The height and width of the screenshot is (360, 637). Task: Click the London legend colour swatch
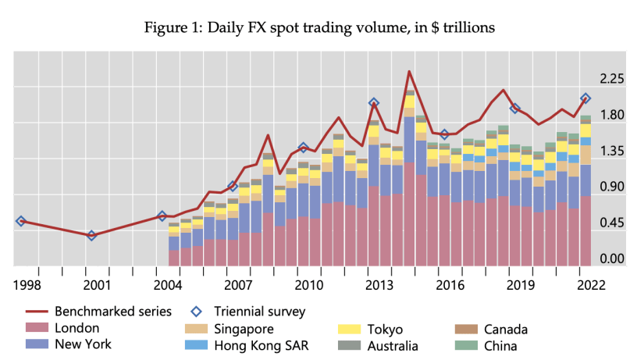pyautogui.click(x=35, y=329)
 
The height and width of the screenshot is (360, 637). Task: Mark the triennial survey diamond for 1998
pyautogui.click(x=20, y=221)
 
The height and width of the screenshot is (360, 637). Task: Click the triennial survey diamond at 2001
pyautogui.click(x=91, y=235)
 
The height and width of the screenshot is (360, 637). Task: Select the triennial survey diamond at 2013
pyautogui.click(x=374, y=102)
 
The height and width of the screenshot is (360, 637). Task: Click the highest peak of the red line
pyautogui.click(x=409, y=72)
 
